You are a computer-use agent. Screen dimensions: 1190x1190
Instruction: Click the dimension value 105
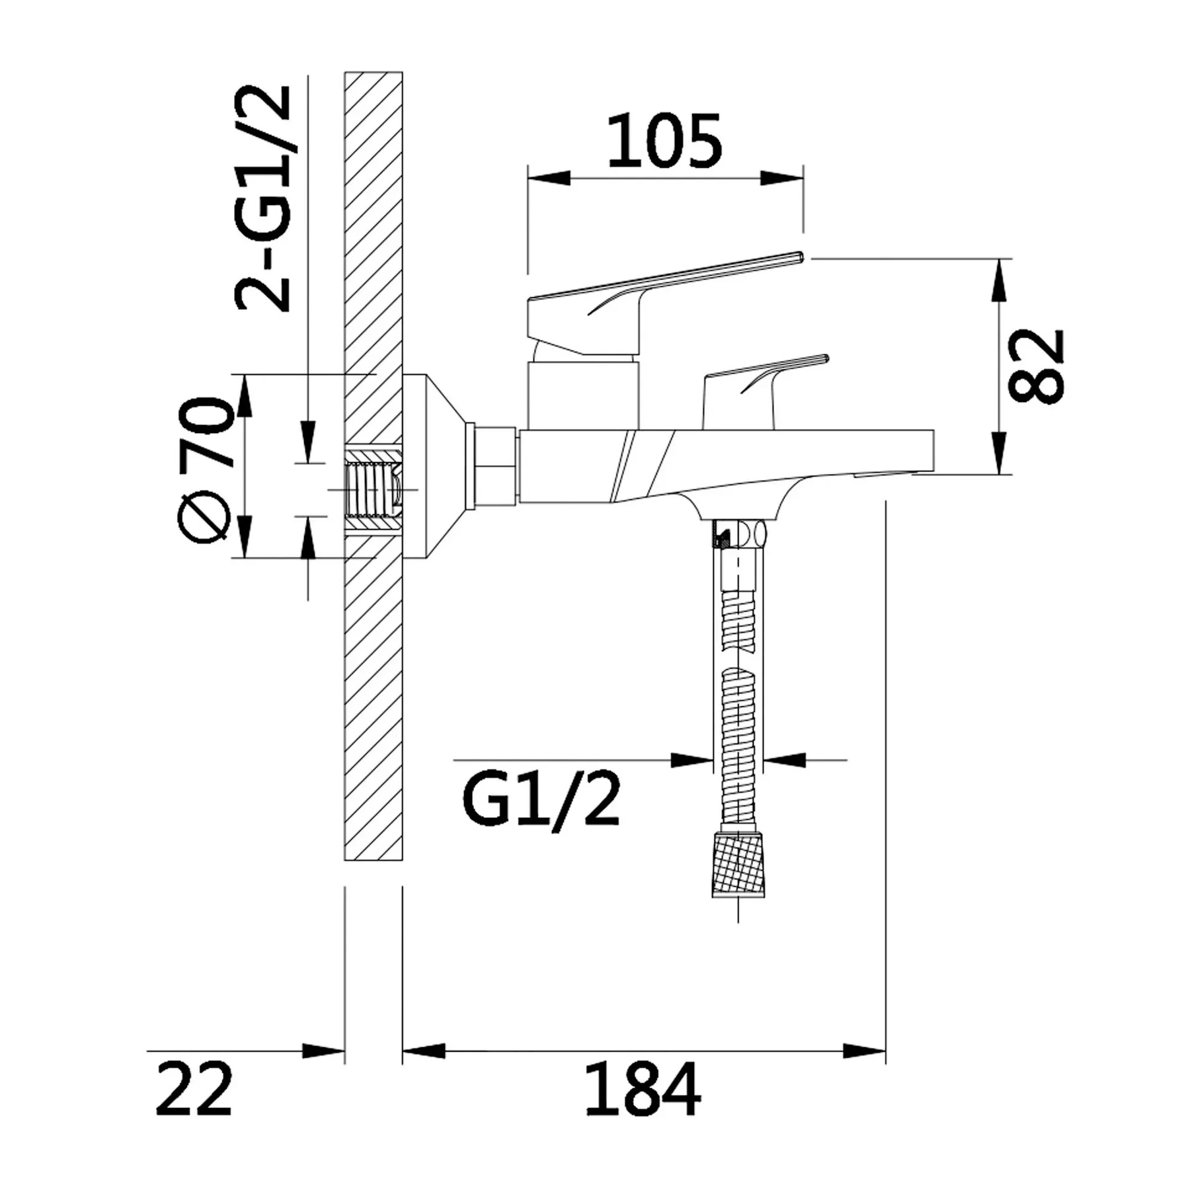click(664, 141)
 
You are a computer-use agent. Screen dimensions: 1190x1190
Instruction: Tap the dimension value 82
click(1037, 366)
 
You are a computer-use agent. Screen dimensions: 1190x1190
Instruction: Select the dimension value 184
click(642, 1088)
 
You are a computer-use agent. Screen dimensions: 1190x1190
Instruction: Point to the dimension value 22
click(194, 1088)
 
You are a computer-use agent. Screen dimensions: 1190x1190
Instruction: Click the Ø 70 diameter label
click(206, 470)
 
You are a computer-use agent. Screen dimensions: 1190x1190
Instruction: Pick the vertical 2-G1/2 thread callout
click(262, 198)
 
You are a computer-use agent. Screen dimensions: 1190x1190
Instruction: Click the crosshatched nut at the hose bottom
click(738, 865)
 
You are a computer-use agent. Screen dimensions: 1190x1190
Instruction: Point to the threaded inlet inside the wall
click(374, 490)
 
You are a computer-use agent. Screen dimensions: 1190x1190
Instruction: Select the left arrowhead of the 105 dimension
click(549, 178)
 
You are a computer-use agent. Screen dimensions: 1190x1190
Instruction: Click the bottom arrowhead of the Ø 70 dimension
click(244, 537)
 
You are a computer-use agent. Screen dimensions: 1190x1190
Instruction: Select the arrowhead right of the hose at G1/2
click(784, 760)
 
